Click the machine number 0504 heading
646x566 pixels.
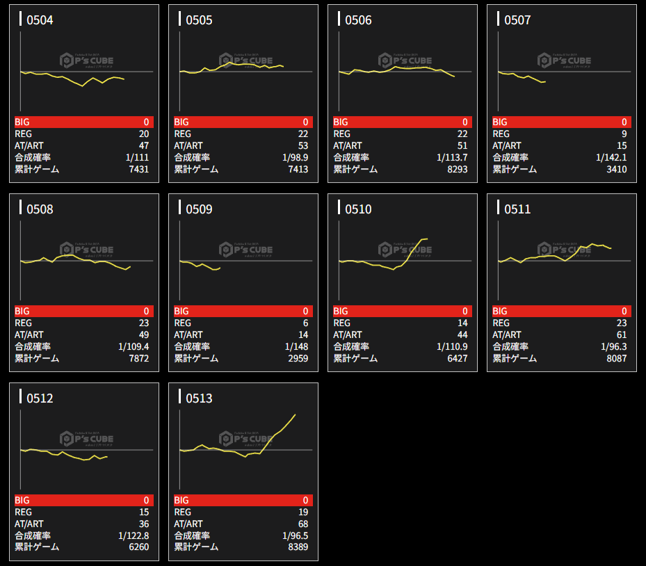click(x=40, y=20)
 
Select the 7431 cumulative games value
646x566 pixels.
click(x=138, y=169)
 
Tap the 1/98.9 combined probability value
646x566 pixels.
click(x=296, y=157)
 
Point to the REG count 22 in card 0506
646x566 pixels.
click(x=462, y=134)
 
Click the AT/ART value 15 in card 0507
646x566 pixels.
click(x=621, y=145)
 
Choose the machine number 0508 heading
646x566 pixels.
click(x=40, y=209)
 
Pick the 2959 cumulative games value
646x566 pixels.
click(x=298, y=358)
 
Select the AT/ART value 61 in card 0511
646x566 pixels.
click(x=621, y=334)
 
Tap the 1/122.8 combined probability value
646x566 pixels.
click(x=134, y=535)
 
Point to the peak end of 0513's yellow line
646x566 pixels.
click(x=296, y=414)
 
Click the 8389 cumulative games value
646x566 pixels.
click(x=298, y=547)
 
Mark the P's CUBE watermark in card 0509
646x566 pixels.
click(x=246, y=249)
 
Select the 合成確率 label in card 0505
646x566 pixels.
click(x=192, y=157)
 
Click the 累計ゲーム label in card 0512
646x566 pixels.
click(x=37, y=547)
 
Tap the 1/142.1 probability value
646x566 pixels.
click(x=611, y=157)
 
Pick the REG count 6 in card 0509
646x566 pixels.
click(x=305, y=323)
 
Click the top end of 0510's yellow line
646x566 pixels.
click(x=427, y=239)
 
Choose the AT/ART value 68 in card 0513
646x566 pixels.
click(x=302, y=524)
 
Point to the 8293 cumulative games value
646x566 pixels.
click(x=457, y=169)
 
